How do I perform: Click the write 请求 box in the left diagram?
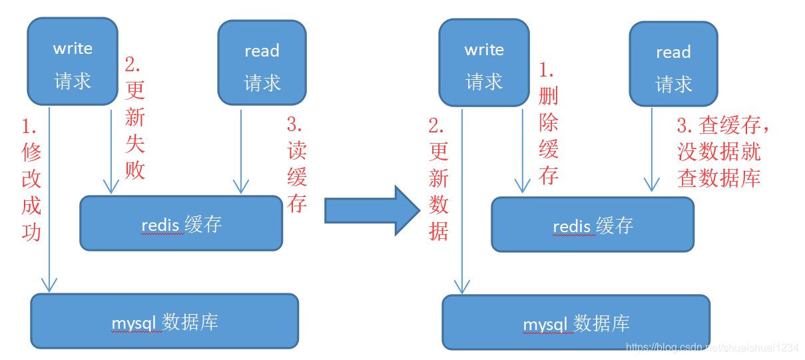pos(72,62)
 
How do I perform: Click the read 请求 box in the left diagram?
pos(262,63)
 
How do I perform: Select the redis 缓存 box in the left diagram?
pos(181,224)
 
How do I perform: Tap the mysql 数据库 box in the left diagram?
pos(164,321)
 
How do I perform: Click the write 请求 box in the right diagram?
pos(483,63)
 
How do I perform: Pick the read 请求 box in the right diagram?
pos(673,65)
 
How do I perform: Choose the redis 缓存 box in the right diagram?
pos(593,225)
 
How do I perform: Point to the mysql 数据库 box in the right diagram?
pos(576,323)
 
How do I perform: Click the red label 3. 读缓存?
pos(296,164)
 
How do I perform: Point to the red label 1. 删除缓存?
pos(548,124)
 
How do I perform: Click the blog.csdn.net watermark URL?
pos(712,348)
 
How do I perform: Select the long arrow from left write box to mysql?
pos(49,200)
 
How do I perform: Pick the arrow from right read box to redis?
pos(653,150)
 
